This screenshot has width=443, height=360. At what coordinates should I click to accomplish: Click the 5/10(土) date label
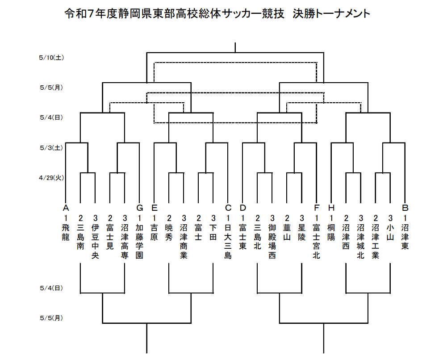51,58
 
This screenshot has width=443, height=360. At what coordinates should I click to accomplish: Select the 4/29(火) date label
51,178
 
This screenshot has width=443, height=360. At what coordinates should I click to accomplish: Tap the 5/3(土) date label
51,148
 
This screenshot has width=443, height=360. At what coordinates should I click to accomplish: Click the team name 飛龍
66,232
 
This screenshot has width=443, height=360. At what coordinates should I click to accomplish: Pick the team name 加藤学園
140,241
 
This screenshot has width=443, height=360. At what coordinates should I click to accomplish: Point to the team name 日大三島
228,241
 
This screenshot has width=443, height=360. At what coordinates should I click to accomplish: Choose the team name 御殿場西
272,241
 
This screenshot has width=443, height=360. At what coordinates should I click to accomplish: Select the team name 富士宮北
317,241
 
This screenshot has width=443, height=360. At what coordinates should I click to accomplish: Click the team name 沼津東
405,237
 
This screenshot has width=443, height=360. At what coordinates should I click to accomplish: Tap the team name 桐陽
331,232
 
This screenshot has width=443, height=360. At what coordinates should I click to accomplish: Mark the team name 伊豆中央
95,241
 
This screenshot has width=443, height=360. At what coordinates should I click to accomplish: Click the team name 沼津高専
125,241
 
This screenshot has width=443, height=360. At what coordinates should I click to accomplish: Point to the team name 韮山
287,232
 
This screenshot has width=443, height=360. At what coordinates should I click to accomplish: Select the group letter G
140,208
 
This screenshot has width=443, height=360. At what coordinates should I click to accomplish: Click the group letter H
331,208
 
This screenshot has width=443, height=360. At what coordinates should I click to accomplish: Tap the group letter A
66,208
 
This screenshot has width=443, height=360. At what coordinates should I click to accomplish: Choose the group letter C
228,208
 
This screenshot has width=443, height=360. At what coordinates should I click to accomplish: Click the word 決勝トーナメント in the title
331,13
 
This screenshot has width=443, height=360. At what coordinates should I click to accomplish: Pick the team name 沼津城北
361,241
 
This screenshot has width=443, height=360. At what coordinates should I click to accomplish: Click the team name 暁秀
169,232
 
